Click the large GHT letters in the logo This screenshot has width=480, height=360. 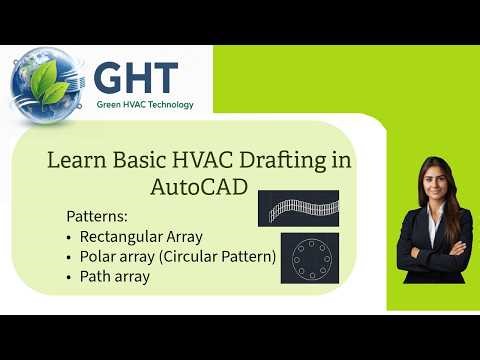point(136,79)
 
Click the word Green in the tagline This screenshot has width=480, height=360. point(110,104)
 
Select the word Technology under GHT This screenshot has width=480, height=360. point(169,104)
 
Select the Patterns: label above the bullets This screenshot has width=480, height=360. point(98,216)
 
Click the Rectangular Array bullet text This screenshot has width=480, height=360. point(141,237)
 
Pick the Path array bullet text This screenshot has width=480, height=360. point(114,277)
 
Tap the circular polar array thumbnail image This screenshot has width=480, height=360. point(310,258)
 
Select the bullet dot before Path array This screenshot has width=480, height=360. point(69,277)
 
